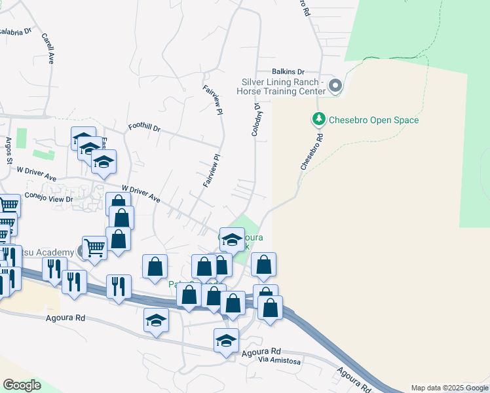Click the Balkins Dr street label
pos(289,71)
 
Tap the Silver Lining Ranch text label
pos(283,87)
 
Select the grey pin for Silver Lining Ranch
pos(335,86)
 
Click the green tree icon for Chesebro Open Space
pos(318,119)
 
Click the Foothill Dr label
pos(144,129)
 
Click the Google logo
pos(22,385)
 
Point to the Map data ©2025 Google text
pos(449,388)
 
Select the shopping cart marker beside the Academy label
pos(95,248)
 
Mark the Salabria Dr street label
pos(15,31)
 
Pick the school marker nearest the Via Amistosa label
pos(227,340)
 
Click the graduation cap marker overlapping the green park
pos(232,239)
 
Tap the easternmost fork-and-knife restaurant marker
pos(119,286)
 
